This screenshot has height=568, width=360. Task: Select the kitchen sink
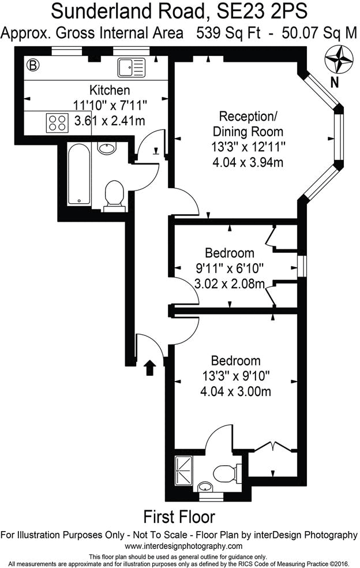[129, 68]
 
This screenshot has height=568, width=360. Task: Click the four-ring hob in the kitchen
[57, 122]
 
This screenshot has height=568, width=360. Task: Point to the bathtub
[78, 175]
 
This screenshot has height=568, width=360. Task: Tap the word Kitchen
[110, 91]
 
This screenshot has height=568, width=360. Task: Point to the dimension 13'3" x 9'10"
[237, 376]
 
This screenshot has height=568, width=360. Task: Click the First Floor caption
[179, 516]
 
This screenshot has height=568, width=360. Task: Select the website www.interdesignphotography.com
[179, 546]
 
